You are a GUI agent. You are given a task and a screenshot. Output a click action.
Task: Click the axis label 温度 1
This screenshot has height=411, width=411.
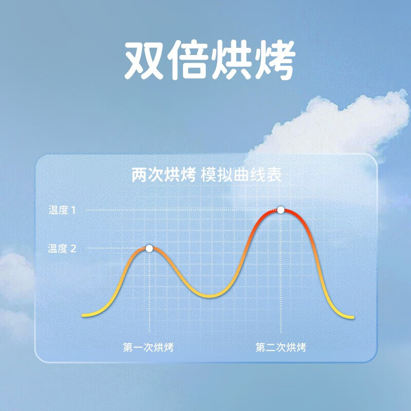[x=62, y=210]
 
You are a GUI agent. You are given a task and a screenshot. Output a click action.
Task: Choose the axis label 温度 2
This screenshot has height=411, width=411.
[x=62, y=249]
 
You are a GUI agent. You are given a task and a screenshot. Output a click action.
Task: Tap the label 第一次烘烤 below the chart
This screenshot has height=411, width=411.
[x=148, y=347]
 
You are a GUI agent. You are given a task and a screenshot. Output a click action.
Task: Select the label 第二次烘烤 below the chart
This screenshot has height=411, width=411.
[x=281, y=347]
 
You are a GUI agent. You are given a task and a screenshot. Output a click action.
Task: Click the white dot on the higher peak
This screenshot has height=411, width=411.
[x=281, y=210]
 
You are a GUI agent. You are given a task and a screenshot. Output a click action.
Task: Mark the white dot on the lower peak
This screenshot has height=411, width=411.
[x=149, y=249]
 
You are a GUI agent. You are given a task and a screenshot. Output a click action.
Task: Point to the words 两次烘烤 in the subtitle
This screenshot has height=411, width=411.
[x=164, y=175]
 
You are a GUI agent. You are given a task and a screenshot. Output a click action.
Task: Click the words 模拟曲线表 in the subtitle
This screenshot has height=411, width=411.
[x=241, y=175]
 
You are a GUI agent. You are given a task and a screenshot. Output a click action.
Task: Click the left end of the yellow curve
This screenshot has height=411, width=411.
[x=83, y=315]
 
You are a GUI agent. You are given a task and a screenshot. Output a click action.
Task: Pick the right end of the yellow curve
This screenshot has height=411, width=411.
[x=353, y=317]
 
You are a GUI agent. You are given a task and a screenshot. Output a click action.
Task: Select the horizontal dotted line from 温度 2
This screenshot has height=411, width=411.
[x=116, y=248]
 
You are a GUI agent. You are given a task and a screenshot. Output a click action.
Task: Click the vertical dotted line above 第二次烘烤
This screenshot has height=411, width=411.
[x=281, y=273]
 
